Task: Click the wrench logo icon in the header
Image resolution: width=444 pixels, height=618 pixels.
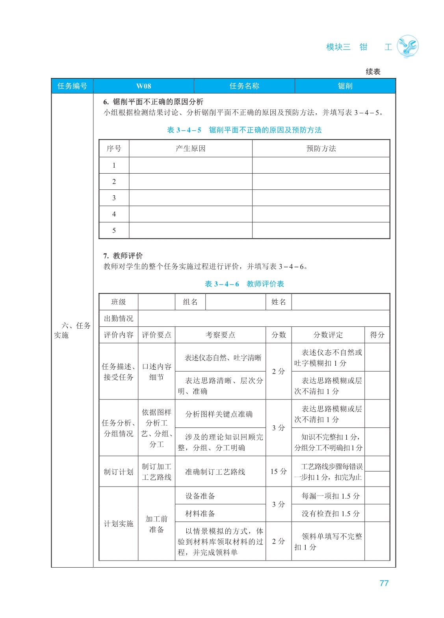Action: (x=407, y=46)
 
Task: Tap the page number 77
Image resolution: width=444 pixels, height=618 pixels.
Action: (x=384, y=583)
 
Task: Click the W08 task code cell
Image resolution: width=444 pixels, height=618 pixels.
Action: (x=143, y=86)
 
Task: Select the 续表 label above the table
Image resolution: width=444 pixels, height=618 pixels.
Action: (x=373, y=72)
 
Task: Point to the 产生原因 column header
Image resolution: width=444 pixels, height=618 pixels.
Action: (x=190, y=148)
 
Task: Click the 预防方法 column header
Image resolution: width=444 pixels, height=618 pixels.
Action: (x=321, y=148)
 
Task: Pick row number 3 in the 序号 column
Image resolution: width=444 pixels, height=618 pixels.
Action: (x=114, y=198)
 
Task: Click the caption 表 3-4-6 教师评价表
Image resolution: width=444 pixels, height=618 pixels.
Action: (x=244, y=284)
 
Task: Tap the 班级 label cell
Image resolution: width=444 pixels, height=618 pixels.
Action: (x=118, y=302)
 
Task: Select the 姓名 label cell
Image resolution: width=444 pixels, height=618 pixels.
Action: (x=279, y=302)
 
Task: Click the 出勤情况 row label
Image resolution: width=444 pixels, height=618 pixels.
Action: (x=118, y=318)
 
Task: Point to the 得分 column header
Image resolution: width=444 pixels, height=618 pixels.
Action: (x=377, y=335)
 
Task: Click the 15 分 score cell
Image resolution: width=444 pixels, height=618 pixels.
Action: (x=278, y=472)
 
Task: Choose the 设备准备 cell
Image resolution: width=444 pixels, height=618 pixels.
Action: (x=200, y=496)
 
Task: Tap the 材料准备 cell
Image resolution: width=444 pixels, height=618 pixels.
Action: (x=200, y=513)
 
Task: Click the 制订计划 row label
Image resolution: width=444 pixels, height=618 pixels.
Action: (x=118, y=472)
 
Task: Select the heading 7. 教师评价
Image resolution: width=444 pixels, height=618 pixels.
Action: (x=123, y=256)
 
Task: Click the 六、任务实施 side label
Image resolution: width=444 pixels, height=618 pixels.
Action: (x=72, y=330)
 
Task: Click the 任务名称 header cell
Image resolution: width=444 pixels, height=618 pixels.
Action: (x=244, y=86)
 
